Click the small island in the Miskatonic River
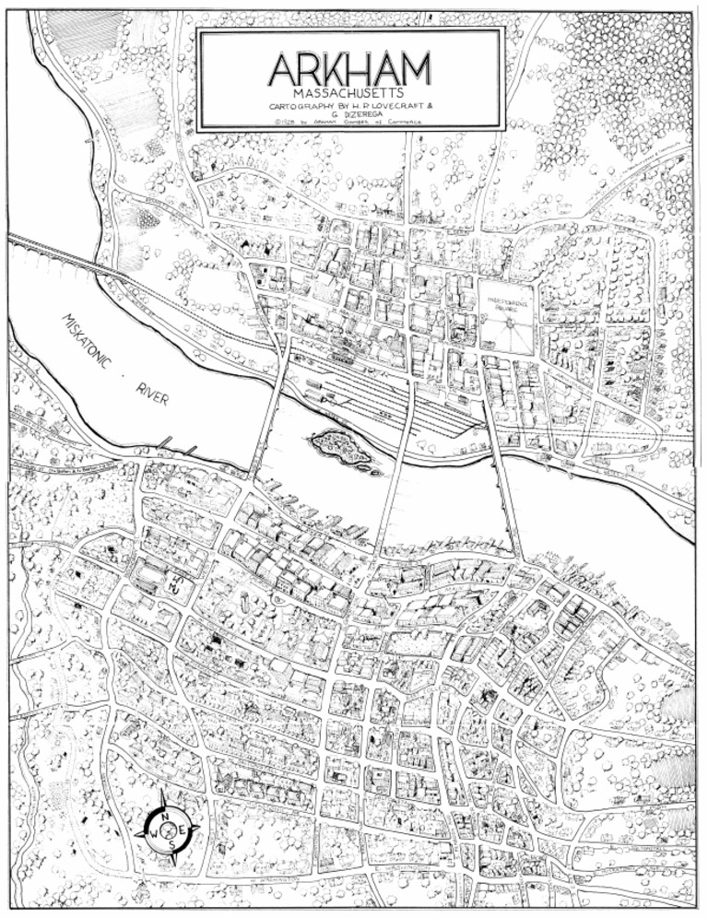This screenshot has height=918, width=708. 340,448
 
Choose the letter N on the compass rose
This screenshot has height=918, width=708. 163,817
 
